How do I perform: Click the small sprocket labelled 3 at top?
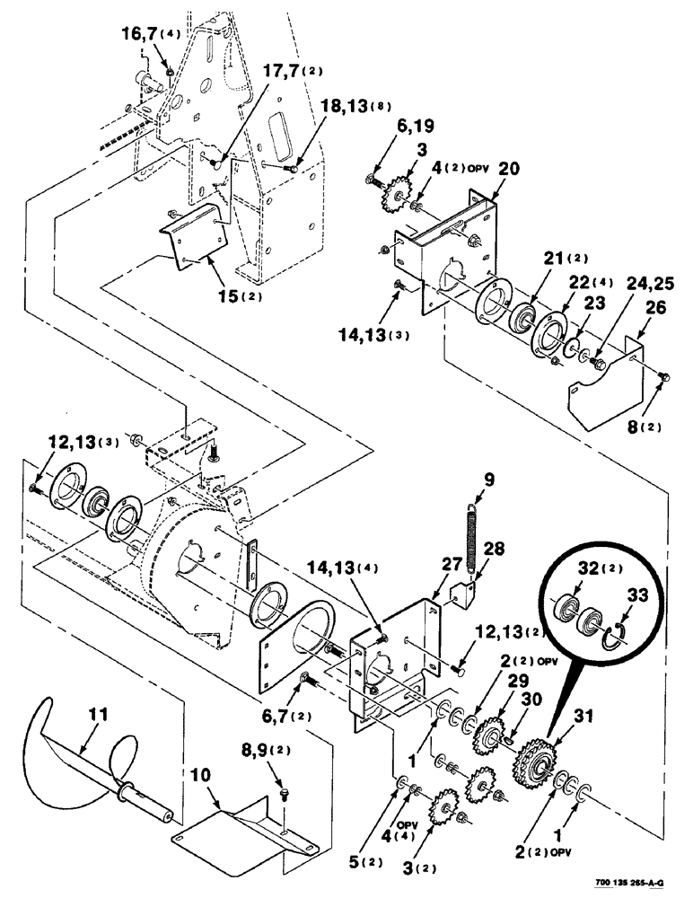coord(396,197)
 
